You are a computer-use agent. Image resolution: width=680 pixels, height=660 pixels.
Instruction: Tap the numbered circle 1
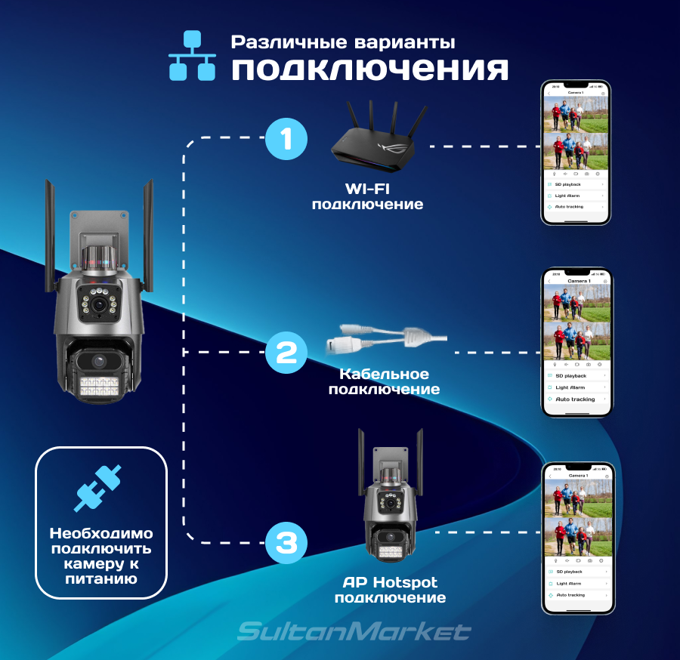[286, 139]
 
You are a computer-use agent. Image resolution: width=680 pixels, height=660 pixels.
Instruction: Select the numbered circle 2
[286, 352]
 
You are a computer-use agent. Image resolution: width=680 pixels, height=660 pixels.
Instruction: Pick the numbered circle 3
[286, 542]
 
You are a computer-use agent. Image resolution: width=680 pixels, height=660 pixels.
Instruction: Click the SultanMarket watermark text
[354, 631]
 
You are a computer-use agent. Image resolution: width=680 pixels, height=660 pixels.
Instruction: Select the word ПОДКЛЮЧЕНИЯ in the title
[369, 70]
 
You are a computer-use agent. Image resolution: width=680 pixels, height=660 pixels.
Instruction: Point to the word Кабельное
[385, 375]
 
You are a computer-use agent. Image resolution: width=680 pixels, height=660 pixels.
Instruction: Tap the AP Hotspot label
[390, 582]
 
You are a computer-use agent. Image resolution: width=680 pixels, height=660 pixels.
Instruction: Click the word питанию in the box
[100, 579]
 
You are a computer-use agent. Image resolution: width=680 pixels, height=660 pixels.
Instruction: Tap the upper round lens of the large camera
[99, 304]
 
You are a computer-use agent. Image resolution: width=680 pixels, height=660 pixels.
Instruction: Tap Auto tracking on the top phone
[570, 207]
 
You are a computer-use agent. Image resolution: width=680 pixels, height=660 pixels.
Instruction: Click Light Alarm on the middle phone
[570, 387]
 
